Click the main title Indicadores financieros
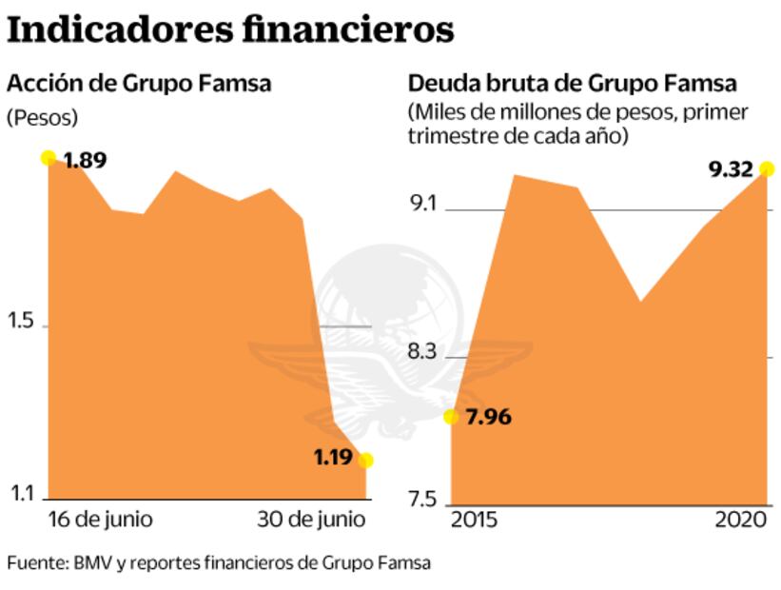pos(230,29)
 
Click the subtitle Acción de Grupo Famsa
pos(139,84)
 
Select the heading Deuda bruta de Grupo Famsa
pos(573,84)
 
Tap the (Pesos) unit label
pos(42,118)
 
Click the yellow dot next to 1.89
pos(49,157)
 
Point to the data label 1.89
pos(85,160)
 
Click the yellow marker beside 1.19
pos(365,461)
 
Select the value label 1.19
pos(334,458)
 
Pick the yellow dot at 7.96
pos(451,417)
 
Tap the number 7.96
pos(488,417)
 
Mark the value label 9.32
pos(731,170)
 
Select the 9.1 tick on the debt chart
pos(423,204)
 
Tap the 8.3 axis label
pos(423,353)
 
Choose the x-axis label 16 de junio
pos(100,521)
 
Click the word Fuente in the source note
pos(33,562)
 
